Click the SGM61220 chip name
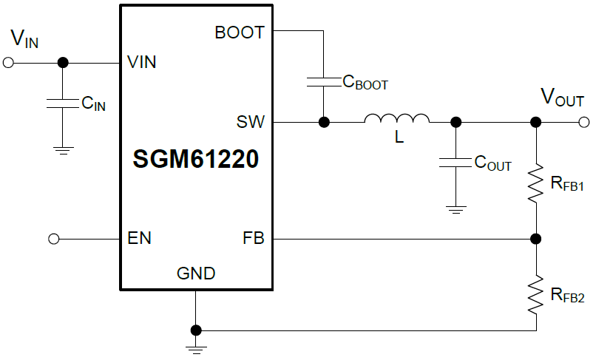click(x=196, y=159)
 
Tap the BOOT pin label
click(x=240, y=33)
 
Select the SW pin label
click(x=251, y=122)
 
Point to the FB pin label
click(x=253, y=239)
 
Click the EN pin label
click(x=140, y=239)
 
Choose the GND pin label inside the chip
click(x=196, y=274)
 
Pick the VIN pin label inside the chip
click(x=142, y=62)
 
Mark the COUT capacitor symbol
click(x=456, y=162)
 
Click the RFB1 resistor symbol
click(x=535, y=185)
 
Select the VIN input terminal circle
click(x=8, y=63)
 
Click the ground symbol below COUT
click(x=456, y=209)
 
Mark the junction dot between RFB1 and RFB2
click(x=535, y=239)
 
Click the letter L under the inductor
click(x=399, y=137)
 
